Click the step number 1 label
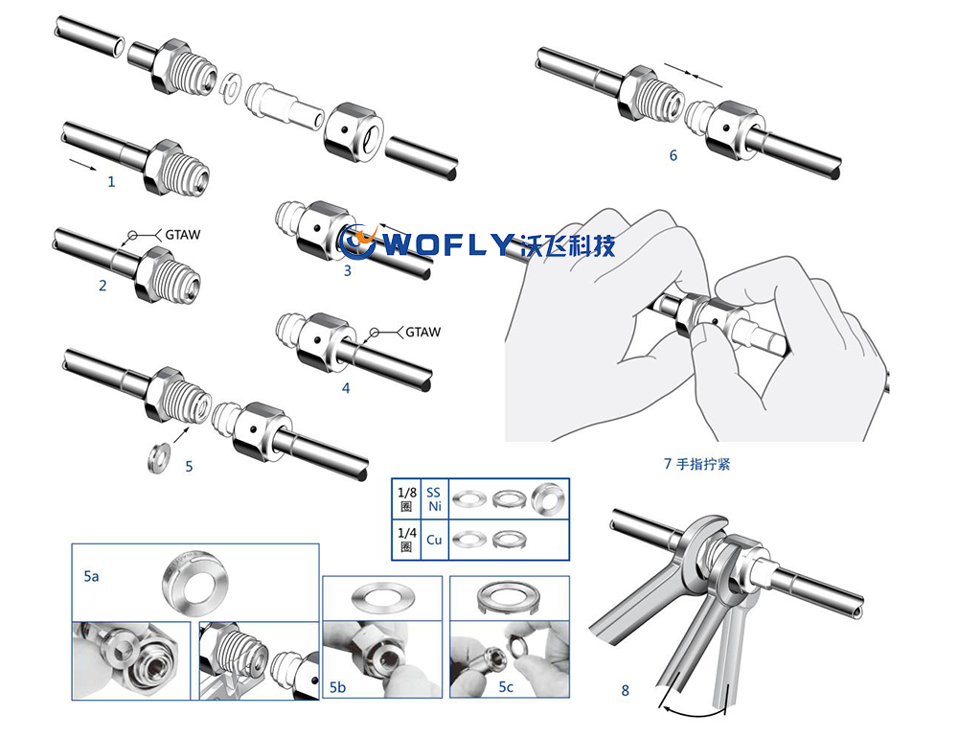click(x=111, y=181)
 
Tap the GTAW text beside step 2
click(x=183, y=235)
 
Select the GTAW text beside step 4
click(x=422, y=332)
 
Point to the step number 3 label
click(x=348, y=271)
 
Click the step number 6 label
click(x=673, y=155)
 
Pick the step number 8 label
click(x=625, y=690)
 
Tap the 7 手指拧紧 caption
click(x=697, y=464)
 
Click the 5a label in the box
click(x=91, y=576)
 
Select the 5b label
click(x=337, y=687)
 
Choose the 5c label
click(x=506, y=686)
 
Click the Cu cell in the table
click(x=434, y=540)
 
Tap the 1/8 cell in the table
click(x=406, y=499)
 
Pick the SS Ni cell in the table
click(x=434, y=499)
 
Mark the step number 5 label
click(x=189, y=467)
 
